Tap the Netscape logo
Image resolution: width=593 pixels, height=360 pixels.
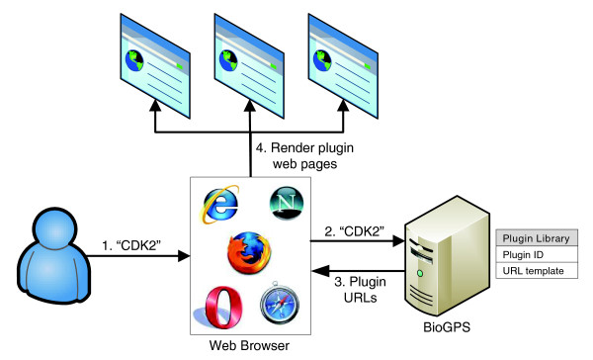283,205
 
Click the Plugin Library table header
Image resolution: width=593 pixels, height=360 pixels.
540,239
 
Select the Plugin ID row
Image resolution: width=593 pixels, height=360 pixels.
540,255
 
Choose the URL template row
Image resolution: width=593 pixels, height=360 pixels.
540,271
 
